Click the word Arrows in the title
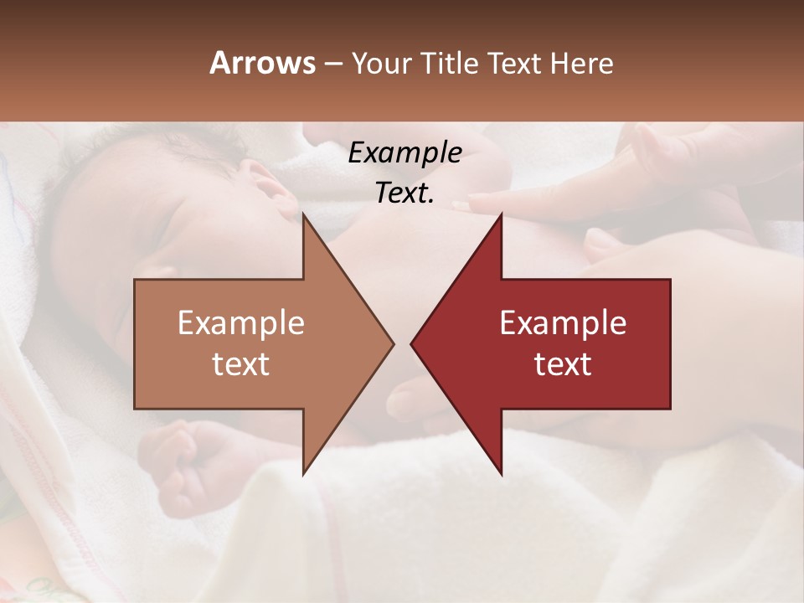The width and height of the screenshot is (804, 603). [x=262, y=63]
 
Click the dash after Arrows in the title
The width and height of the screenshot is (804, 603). [x=332, y=64]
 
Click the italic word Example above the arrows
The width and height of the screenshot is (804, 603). [x=405, y=152]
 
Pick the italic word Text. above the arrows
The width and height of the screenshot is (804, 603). [x=405, y=193]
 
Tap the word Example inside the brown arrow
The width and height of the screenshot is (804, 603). [x=241, y=322]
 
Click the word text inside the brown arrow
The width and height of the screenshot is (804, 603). [x=241, y=363]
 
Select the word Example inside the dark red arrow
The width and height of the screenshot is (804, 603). [x=563, y=322]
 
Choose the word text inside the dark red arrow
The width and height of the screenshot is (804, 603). [x=563, y=363]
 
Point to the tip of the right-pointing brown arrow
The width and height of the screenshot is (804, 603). [x=394, y=343]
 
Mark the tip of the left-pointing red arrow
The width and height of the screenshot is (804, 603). [x=411, y=343]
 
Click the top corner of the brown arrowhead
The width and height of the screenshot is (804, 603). [x=303, y=214]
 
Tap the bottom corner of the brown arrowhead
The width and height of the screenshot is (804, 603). [x=303, y=474]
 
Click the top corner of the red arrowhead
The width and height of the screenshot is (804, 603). [x=501, y=214]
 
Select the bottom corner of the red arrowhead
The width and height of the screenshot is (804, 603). [x=501, y=474]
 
